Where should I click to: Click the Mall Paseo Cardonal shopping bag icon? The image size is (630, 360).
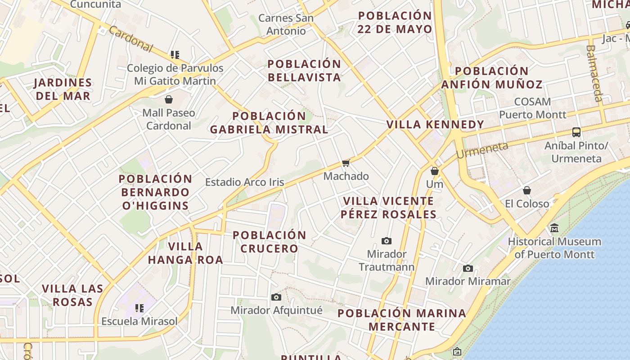click(169, 99)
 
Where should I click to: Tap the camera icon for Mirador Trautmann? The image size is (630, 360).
click(386, 241)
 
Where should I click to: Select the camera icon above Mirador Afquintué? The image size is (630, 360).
click(276, 297)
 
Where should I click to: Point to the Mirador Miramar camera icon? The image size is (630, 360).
click(468, 268)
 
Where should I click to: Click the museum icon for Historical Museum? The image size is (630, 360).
click(554, 228)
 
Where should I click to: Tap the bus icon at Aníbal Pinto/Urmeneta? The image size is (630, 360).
click(576, 132)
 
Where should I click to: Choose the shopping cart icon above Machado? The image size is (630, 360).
click(346, 163)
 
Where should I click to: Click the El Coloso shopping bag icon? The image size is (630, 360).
click(527, 190)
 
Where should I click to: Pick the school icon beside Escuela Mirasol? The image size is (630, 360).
click(139, 308)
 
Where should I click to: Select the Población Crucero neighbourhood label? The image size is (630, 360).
click(269, 242)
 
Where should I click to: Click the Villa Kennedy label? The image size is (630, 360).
click(435, 124)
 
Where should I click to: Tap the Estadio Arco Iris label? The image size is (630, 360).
click(244, 182)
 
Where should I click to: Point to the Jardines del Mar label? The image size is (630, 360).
click(63, 89)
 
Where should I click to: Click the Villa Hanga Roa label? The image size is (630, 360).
click(185, 253)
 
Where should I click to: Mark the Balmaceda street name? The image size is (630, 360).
click(594, 73)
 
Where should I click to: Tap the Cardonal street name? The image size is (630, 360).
click(131, 39)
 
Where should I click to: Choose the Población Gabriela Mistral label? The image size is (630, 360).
click(269, 123)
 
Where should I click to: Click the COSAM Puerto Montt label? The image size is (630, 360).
click(532, 108)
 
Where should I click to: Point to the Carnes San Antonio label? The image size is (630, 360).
click(286, 25)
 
